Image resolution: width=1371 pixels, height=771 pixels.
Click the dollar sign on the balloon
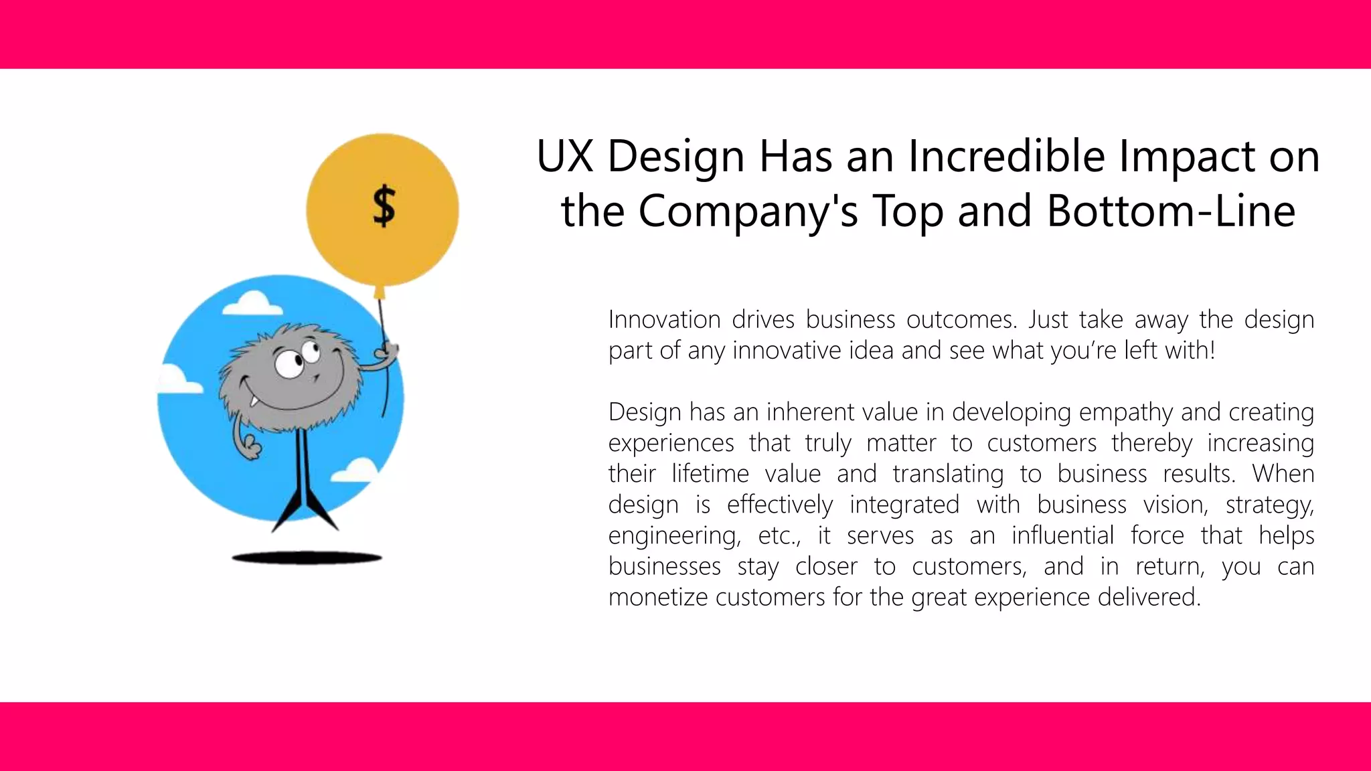(384, 206)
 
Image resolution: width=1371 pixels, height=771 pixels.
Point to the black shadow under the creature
(307, 558)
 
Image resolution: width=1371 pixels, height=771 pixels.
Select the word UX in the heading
(565, 156)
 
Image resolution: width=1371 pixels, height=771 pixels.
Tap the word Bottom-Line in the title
(1171, 211)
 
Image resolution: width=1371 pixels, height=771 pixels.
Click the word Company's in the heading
(748, 212)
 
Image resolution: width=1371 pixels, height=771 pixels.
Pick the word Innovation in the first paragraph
(664, 319)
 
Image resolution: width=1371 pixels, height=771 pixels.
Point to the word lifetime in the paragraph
(710, 474)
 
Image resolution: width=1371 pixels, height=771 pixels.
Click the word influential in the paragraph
(1062, 535)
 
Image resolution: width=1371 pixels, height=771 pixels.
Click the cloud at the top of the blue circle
(252, 304)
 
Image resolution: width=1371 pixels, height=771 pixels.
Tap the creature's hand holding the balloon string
(386, 351)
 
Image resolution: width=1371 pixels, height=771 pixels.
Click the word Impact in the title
(1178, 157)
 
